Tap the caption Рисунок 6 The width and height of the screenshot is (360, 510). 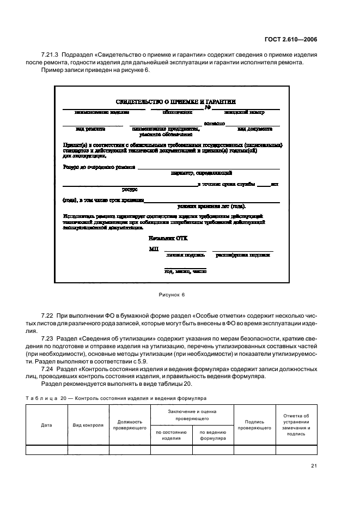point(172,294)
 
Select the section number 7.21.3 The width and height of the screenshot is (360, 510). point(51,55)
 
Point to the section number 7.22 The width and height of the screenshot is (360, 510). point(48,317)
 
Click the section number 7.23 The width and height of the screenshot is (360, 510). point(48,338)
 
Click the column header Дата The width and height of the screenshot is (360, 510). point(46,425)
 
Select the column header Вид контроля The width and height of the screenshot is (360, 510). point(88,425)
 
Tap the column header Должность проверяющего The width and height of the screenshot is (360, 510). point(130,425)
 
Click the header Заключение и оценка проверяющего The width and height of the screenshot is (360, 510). point(192,415)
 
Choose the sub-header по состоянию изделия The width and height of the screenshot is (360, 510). point(171,435)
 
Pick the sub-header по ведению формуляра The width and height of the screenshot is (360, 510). point(213,435)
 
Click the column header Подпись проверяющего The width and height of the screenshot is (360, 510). point(255,425)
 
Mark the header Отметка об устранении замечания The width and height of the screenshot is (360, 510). point(296,425)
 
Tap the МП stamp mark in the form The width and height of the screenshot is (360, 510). point(153,249)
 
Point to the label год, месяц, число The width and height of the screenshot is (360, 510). point(185,271)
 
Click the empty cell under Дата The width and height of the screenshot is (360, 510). point(46,450)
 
